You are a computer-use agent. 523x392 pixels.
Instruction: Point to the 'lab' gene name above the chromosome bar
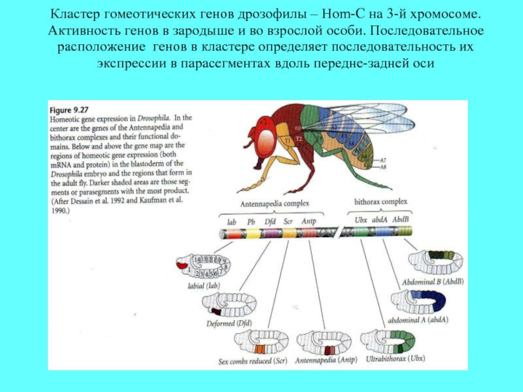click(231, 221)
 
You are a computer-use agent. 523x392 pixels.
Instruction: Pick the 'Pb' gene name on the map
click(252, 221)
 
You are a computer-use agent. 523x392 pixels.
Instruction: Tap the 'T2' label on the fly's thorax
click(298, 139)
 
